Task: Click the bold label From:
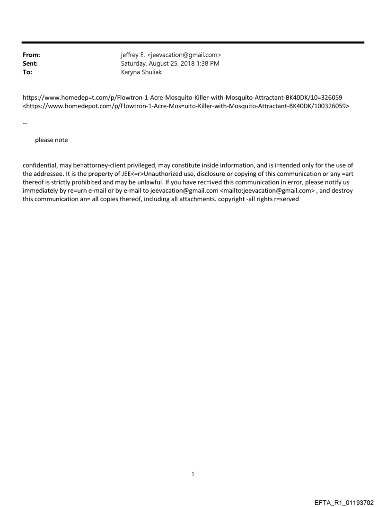[31, 56]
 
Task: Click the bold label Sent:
[30, 64]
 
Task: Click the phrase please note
[51, 140]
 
